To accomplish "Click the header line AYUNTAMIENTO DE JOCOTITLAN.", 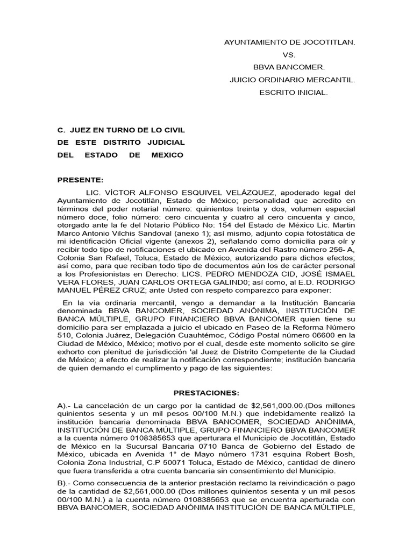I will [289, 41].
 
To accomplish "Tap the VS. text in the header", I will [289, 54].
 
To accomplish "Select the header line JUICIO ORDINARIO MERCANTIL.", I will [292, 80].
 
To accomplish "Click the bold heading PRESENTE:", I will [80, 180].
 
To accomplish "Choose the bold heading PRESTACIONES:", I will [206, 393].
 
